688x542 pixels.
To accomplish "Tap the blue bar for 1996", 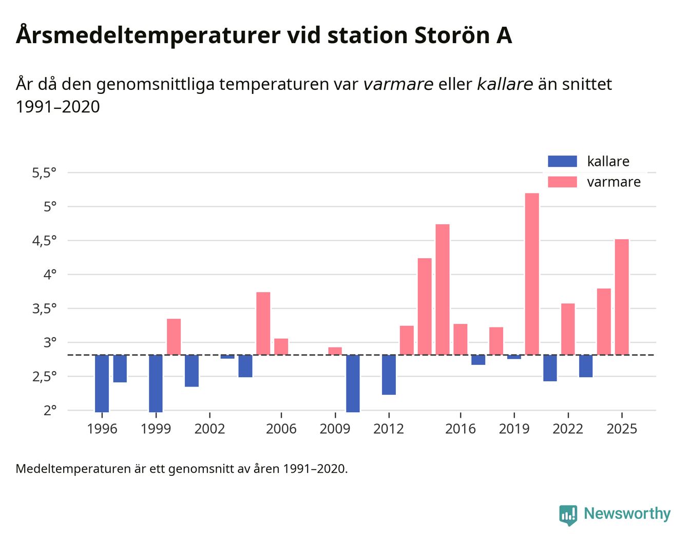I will point(102,383).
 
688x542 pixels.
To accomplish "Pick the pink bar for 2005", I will point(263,323).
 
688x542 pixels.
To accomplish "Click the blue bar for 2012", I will point(389,375).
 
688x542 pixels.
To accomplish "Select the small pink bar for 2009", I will point(335,351).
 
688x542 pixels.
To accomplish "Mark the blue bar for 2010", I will point(353,383).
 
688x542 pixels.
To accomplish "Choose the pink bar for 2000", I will point(174,336).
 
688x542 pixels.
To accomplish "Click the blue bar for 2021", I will point(550,367).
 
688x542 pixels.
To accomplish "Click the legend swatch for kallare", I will point(562,161).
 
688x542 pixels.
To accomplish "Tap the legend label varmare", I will point(614,182).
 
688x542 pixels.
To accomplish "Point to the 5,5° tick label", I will point(44,173).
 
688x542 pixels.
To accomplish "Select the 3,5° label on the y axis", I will point(44,309).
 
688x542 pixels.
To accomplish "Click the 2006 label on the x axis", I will point(281,429).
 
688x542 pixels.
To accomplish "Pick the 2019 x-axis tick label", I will point(514,429).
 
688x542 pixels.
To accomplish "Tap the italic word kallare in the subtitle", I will point(505,84).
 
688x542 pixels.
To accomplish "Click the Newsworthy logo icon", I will point(568,515).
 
